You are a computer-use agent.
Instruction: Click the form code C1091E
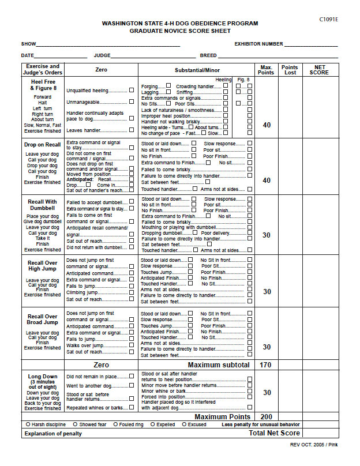(x=329, y=19)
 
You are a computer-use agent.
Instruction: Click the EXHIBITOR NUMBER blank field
(x=311, y=44)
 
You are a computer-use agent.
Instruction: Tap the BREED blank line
(x=277, y=56)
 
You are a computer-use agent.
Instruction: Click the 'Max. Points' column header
(x=266, y=70)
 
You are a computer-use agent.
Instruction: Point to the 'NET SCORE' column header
(x=319, y=70)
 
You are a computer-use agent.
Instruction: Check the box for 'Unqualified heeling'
(x=132, y=91)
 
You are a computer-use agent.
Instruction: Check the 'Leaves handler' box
(x=132, y=130)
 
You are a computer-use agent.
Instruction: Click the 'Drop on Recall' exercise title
(x=42, y=145)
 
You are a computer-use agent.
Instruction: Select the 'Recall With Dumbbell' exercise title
(x=42, y=205)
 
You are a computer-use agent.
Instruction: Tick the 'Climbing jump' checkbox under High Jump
(x=132, y=292)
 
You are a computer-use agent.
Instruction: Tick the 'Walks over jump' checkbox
(x=132, y=345)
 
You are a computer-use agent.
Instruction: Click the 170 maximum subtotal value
(x=266, y=365)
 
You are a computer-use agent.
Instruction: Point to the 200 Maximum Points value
(x=266, y=416)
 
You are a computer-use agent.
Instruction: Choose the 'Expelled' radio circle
(x=153, y=424)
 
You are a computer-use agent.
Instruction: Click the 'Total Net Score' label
(x=274, y=433)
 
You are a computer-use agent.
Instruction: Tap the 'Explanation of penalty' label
(x=53, y=434)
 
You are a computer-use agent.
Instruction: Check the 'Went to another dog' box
(x=132, y=386)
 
